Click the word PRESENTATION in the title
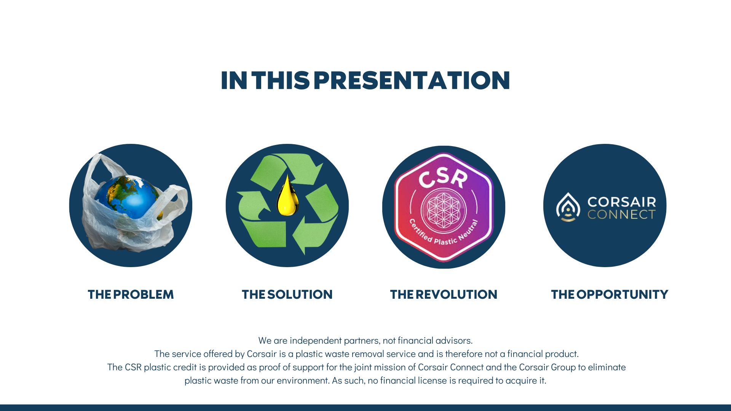point(412,80)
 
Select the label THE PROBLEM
point(131,295)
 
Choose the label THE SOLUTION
point(287,295)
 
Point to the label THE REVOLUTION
point(444,295)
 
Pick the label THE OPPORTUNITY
point(610,295)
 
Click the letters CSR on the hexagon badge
point(443,178)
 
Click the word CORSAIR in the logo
point(622,202)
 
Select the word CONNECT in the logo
point(621,215)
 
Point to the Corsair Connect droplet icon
point(568,207)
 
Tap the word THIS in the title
point(280,80)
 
